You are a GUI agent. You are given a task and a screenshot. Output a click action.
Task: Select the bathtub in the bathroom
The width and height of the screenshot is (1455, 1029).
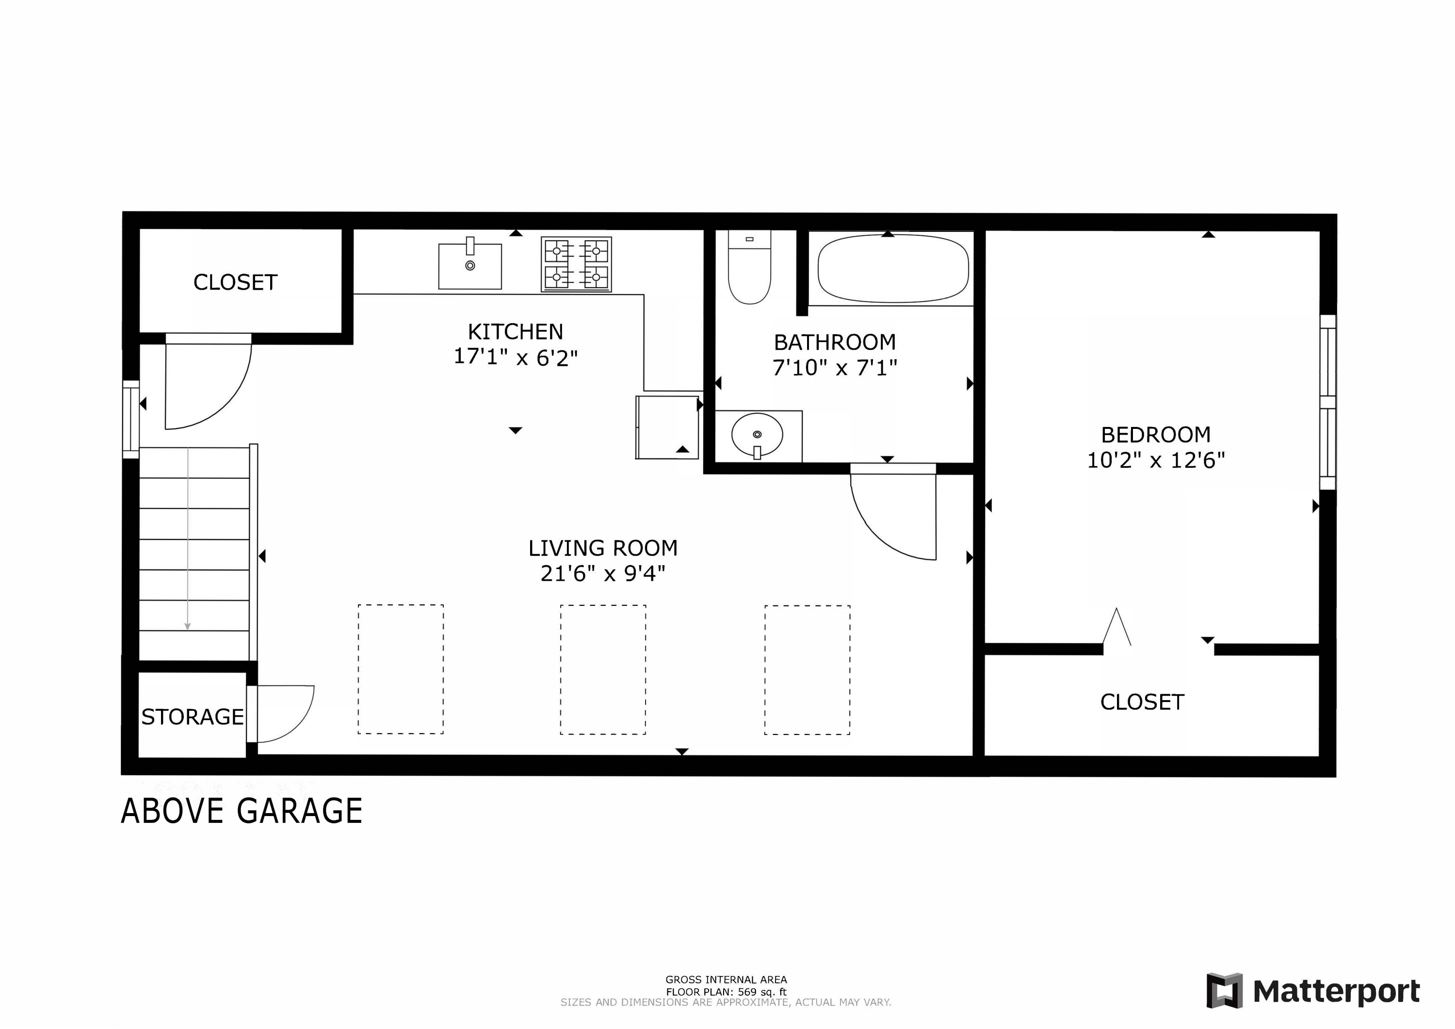(x=893, y=269)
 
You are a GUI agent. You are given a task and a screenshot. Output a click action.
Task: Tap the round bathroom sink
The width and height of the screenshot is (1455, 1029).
(x=757, y=435)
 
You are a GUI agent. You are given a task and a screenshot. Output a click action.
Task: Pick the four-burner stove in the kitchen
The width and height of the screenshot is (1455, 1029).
(x=576, y=264)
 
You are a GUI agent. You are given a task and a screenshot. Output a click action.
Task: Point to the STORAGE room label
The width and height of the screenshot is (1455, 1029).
(x=192, y=717)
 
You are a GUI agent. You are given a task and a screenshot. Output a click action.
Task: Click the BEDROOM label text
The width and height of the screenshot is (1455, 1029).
(x=1156, y=435)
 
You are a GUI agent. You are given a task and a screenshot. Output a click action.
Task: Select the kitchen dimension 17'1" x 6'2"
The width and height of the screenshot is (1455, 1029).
(x=515, y=358)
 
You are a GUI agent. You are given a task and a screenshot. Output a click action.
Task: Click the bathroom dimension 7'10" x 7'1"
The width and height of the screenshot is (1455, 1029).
(x=835, y=368)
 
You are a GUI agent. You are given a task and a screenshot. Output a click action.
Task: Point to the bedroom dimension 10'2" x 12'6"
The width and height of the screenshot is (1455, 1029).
(x=1156, y=460)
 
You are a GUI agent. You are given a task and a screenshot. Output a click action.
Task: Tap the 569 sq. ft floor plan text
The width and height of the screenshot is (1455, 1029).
(x=726, y=992)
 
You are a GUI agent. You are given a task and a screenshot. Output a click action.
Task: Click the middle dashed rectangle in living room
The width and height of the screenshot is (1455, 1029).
(x=603, y=670)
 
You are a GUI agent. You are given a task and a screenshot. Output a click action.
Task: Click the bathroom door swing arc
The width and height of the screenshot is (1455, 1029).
(x=893, y=520)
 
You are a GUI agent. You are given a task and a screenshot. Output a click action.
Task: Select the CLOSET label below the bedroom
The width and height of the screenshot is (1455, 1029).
(x=1142, y=702)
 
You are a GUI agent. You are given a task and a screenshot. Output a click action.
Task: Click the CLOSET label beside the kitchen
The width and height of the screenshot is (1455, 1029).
(x=235, y=283)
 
